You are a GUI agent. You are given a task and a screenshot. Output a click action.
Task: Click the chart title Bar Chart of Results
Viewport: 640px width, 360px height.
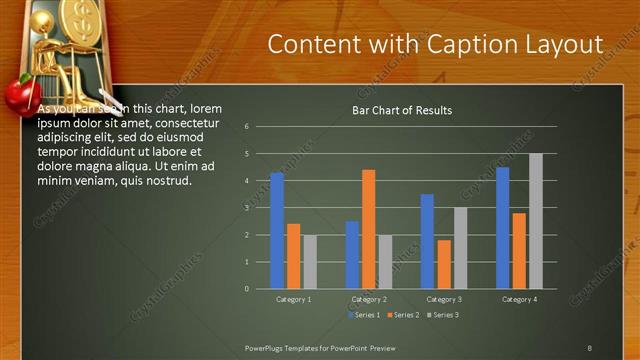pos(401,110)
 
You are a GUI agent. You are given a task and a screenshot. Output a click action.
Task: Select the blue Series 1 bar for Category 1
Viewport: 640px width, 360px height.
pos(277,230)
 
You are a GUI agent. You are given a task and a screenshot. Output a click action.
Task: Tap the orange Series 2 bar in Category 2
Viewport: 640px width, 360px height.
pos(368,229)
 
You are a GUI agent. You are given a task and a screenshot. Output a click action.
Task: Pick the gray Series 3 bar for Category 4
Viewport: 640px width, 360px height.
pos(536,221)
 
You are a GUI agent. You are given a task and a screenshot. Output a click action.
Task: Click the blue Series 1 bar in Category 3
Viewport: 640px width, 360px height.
pos(427,241)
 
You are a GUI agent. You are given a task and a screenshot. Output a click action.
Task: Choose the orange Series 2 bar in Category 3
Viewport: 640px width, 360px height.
pos(444,264)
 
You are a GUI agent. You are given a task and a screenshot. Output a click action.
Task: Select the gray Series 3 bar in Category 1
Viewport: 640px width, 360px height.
pos(309,262)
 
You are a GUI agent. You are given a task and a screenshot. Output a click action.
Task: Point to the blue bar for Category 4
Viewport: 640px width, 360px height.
pos(502,228)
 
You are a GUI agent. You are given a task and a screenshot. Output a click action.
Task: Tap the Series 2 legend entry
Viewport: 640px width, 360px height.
pos(404,315)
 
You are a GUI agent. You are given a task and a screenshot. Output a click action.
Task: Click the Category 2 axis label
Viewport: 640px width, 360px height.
pos(369,299)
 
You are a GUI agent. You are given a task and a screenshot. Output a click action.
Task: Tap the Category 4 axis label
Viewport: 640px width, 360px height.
pos(519,299)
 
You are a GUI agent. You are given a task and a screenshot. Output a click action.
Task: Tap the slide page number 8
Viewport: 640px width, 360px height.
pos(589,348)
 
